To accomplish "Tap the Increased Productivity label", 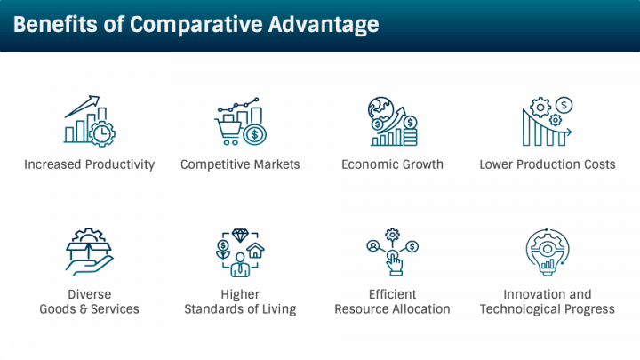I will coord(90,164).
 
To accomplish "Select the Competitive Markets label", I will coord(240,164).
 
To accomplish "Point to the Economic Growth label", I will coord(392,164).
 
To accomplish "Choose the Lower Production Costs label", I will coord(547,164).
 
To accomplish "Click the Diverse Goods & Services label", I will coord(90,302).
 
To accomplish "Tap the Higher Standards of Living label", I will coord(240,302).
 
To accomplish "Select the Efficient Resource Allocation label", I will coord(392,302).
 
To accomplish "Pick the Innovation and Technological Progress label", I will coord(547,302).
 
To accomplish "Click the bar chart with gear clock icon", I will coord(90,122).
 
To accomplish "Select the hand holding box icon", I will coord(90,252).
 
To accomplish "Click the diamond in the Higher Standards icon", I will coord(240,236).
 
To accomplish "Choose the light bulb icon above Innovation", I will coord(547,252).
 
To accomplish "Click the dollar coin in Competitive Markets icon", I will coord(256,135).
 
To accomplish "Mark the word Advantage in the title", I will coord(316,24).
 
